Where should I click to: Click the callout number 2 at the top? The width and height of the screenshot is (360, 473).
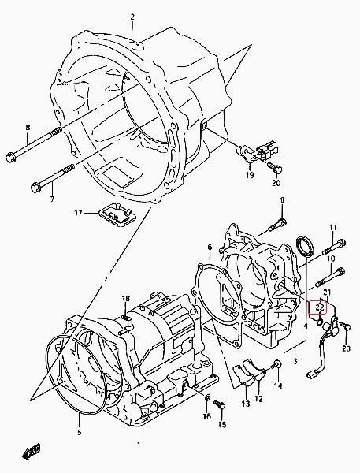click(132, 17)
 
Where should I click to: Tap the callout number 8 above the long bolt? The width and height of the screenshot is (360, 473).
click(28, 127)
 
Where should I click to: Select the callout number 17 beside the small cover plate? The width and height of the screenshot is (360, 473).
click(78, 214)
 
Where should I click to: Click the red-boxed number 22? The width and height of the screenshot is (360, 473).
click(320, 307)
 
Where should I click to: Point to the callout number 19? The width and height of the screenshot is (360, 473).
click(250, 175)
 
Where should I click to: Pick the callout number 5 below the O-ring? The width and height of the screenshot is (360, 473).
click(79, 432)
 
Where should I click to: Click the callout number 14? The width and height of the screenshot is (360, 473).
click(278, 385)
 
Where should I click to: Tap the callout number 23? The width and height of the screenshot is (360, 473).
click(346, 348)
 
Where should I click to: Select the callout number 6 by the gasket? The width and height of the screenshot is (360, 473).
click(210, 248)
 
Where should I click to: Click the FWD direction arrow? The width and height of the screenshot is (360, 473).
click(32, 452)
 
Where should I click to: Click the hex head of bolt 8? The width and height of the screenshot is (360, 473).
click(10, 157)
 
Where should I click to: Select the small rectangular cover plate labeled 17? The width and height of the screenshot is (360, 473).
click(118, 214)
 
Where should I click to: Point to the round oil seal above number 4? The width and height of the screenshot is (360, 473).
click(305, 247)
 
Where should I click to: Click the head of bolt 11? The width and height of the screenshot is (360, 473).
click(342, 243)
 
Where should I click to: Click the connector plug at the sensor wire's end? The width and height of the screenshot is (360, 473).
click(311, 374)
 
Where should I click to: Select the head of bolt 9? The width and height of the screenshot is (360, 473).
click(282, 223)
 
